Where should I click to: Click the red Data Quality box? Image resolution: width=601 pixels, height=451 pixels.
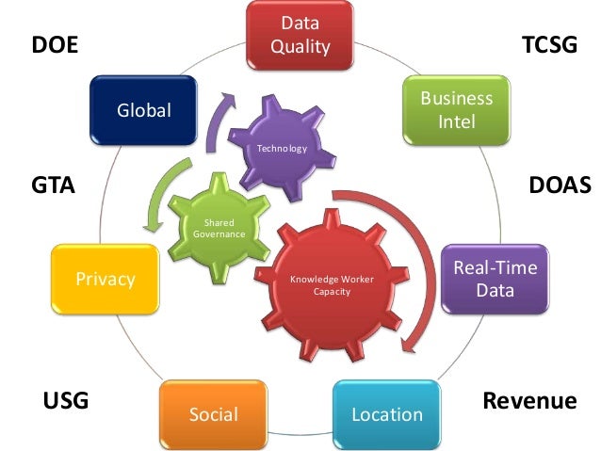(300, 34)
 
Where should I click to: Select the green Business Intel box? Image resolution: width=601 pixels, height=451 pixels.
(456, 109)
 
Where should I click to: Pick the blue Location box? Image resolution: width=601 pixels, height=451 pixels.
(386, 413)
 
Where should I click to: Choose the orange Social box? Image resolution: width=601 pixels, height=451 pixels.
(213, 413)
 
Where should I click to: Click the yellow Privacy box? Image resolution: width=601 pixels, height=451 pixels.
(104, 279)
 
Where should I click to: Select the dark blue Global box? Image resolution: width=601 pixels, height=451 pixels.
(143, 110)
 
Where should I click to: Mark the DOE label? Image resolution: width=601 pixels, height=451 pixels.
(54, 45)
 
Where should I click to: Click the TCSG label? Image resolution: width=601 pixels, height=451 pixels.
(548, 44)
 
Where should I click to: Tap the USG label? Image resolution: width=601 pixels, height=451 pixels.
(66, 402)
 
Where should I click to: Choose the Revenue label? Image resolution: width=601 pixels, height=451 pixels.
(529, 401)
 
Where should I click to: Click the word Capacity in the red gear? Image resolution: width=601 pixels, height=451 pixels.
(324, 291)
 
